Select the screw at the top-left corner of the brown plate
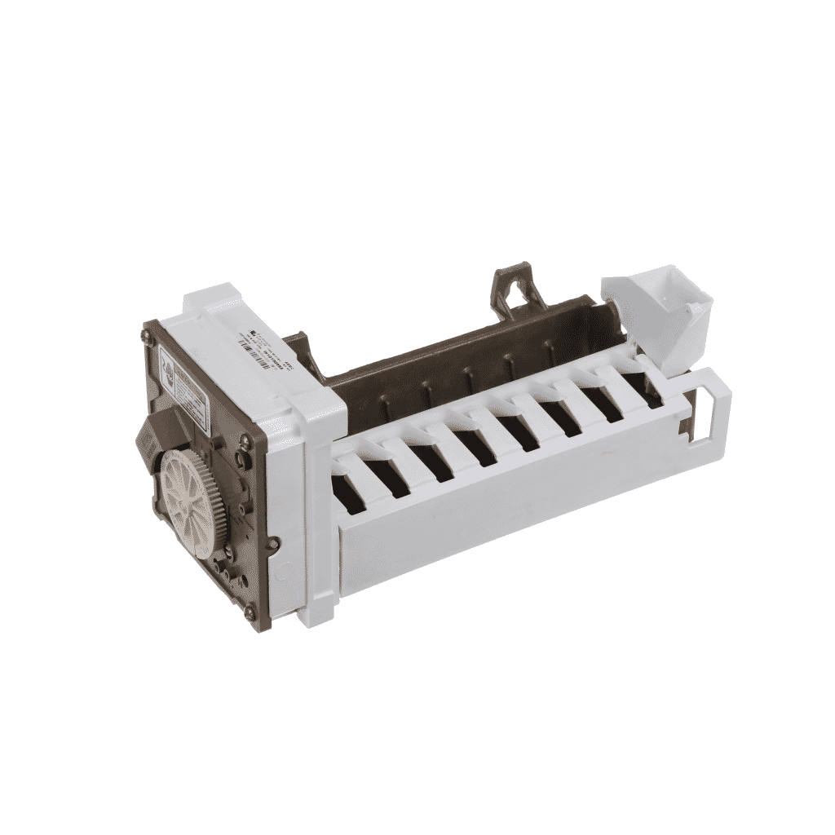(x=150, y=332)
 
